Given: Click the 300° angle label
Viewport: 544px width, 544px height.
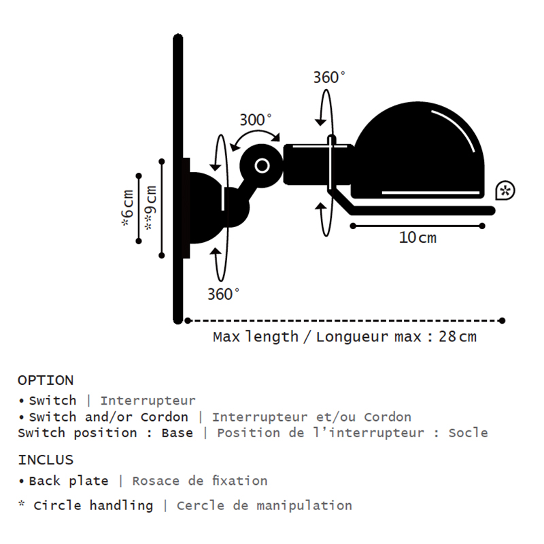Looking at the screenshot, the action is coord(256,120).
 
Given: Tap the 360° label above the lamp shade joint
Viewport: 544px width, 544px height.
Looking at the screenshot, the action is coord(330,78).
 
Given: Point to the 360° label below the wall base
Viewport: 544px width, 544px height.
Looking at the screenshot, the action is coord(224,294).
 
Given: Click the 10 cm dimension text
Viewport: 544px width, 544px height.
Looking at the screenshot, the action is coord(418,237).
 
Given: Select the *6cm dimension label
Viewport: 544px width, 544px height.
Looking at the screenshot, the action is coord(127,208).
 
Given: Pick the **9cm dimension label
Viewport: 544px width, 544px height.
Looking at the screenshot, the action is coord(150,208).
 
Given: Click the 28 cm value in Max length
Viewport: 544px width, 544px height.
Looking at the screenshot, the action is coord(458,337).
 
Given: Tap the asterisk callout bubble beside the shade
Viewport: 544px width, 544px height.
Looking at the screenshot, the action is coord(505,190).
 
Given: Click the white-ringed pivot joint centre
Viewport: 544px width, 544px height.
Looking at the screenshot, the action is coord(262,166).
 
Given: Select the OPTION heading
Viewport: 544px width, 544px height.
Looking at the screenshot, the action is coord(46,381).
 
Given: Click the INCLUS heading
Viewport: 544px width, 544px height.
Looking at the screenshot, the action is coord(46,460).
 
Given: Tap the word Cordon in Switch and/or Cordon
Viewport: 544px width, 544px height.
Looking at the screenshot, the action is coord(165,417).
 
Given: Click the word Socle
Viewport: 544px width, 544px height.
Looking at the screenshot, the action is coord(469,433).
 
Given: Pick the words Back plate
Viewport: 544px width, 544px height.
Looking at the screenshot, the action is coord(69,481).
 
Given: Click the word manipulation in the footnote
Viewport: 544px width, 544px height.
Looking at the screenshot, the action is coord(304,505).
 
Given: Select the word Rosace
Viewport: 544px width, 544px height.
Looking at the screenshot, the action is coord(156,481).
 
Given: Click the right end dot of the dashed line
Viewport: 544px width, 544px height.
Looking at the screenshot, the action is coord(502,320).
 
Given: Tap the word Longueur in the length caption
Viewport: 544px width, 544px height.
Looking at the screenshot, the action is coord(352,337).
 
